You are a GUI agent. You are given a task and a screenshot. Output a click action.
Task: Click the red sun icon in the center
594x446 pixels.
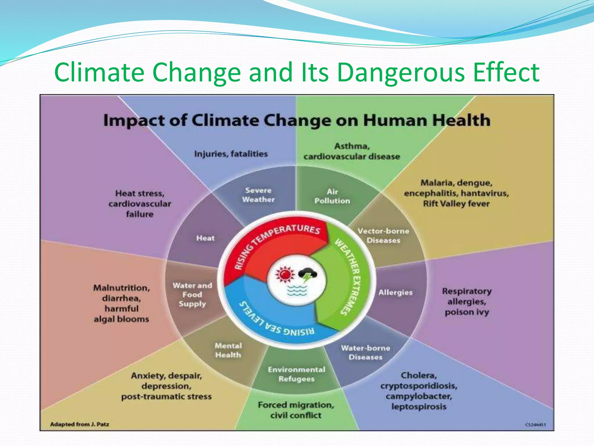(x=285, y=274)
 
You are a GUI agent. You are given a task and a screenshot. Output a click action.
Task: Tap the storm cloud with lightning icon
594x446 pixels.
(x=308, y=275)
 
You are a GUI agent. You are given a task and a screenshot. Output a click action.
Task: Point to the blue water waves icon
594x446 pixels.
(x=296, y=290)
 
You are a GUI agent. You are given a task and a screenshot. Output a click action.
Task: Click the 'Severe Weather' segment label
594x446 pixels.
(x=258, y=195)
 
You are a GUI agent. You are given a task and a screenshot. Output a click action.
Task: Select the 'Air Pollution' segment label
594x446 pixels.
(x=332, y=196)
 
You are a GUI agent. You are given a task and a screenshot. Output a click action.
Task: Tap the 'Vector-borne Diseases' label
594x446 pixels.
(x=383, y=236)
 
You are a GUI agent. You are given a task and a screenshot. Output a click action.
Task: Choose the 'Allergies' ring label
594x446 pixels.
(x=395, y=292)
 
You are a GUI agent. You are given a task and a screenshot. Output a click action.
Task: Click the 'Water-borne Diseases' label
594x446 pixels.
(x=365, y=353)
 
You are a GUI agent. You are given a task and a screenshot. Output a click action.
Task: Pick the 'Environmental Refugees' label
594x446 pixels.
(x=296, y=374)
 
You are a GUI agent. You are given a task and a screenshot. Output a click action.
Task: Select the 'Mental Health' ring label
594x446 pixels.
(x=228, y=350)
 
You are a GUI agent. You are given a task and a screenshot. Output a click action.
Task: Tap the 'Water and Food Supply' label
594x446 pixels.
(x=192, y=295)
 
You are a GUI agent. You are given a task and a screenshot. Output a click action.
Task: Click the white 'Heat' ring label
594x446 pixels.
(x=205, y=238)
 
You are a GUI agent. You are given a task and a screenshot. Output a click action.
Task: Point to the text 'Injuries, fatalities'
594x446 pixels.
(x=231, y=154)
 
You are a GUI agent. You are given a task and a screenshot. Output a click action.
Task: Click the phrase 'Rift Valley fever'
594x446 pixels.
(x=456, y=204)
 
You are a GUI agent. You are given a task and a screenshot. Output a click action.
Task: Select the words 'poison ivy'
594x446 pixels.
(x=467, y=312)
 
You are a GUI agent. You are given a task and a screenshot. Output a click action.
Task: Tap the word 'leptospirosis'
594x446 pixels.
(x=419, y=407)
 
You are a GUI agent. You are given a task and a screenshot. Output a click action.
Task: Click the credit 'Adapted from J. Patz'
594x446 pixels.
(x=79, y=424)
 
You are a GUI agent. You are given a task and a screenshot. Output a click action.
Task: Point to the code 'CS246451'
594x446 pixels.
(x=535, y=425)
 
